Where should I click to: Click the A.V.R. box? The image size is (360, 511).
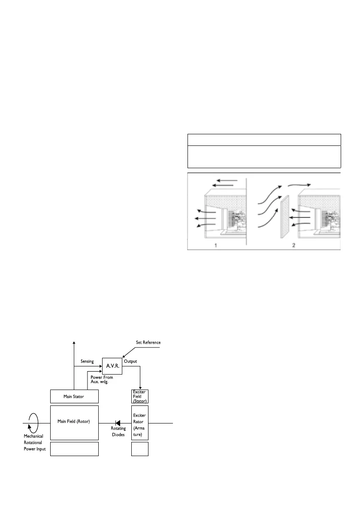(112, 366)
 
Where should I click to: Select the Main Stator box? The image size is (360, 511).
(74, 396)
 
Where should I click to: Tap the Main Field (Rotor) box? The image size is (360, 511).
(74, 422)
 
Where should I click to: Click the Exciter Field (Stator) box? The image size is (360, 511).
(139, 396)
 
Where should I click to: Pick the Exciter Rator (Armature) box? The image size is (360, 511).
(139, 423)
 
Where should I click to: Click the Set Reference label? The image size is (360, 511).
(146, 342)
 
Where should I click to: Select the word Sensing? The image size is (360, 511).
(87, 362)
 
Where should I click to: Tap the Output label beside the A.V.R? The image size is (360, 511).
(130, 362)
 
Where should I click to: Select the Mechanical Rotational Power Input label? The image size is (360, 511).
(34, 443)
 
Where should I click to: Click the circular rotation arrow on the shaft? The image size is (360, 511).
(33, 423)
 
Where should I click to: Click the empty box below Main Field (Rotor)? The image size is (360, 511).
(74, 448)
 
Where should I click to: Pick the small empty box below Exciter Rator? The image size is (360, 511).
(139, 448)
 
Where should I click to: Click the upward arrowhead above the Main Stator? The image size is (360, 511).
(74, 342)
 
